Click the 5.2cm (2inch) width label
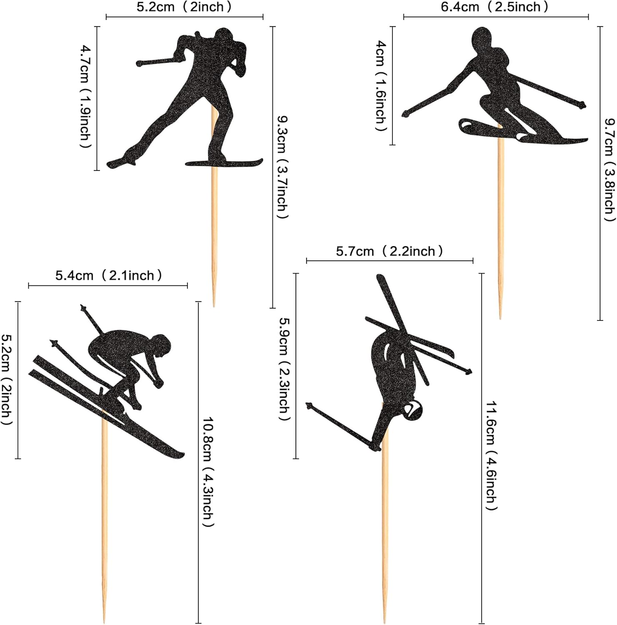[x=184, y=7]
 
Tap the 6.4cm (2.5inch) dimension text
[x=495, y=7]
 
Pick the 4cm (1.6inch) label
[x=381, y=86]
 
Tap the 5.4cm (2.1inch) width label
[x=109, y=275]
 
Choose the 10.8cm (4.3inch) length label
[x=208, y=472]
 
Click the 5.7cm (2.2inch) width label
[x=390, y=251]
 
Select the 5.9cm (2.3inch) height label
[x=284, y=370]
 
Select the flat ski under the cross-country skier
[x=224, y=162]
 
